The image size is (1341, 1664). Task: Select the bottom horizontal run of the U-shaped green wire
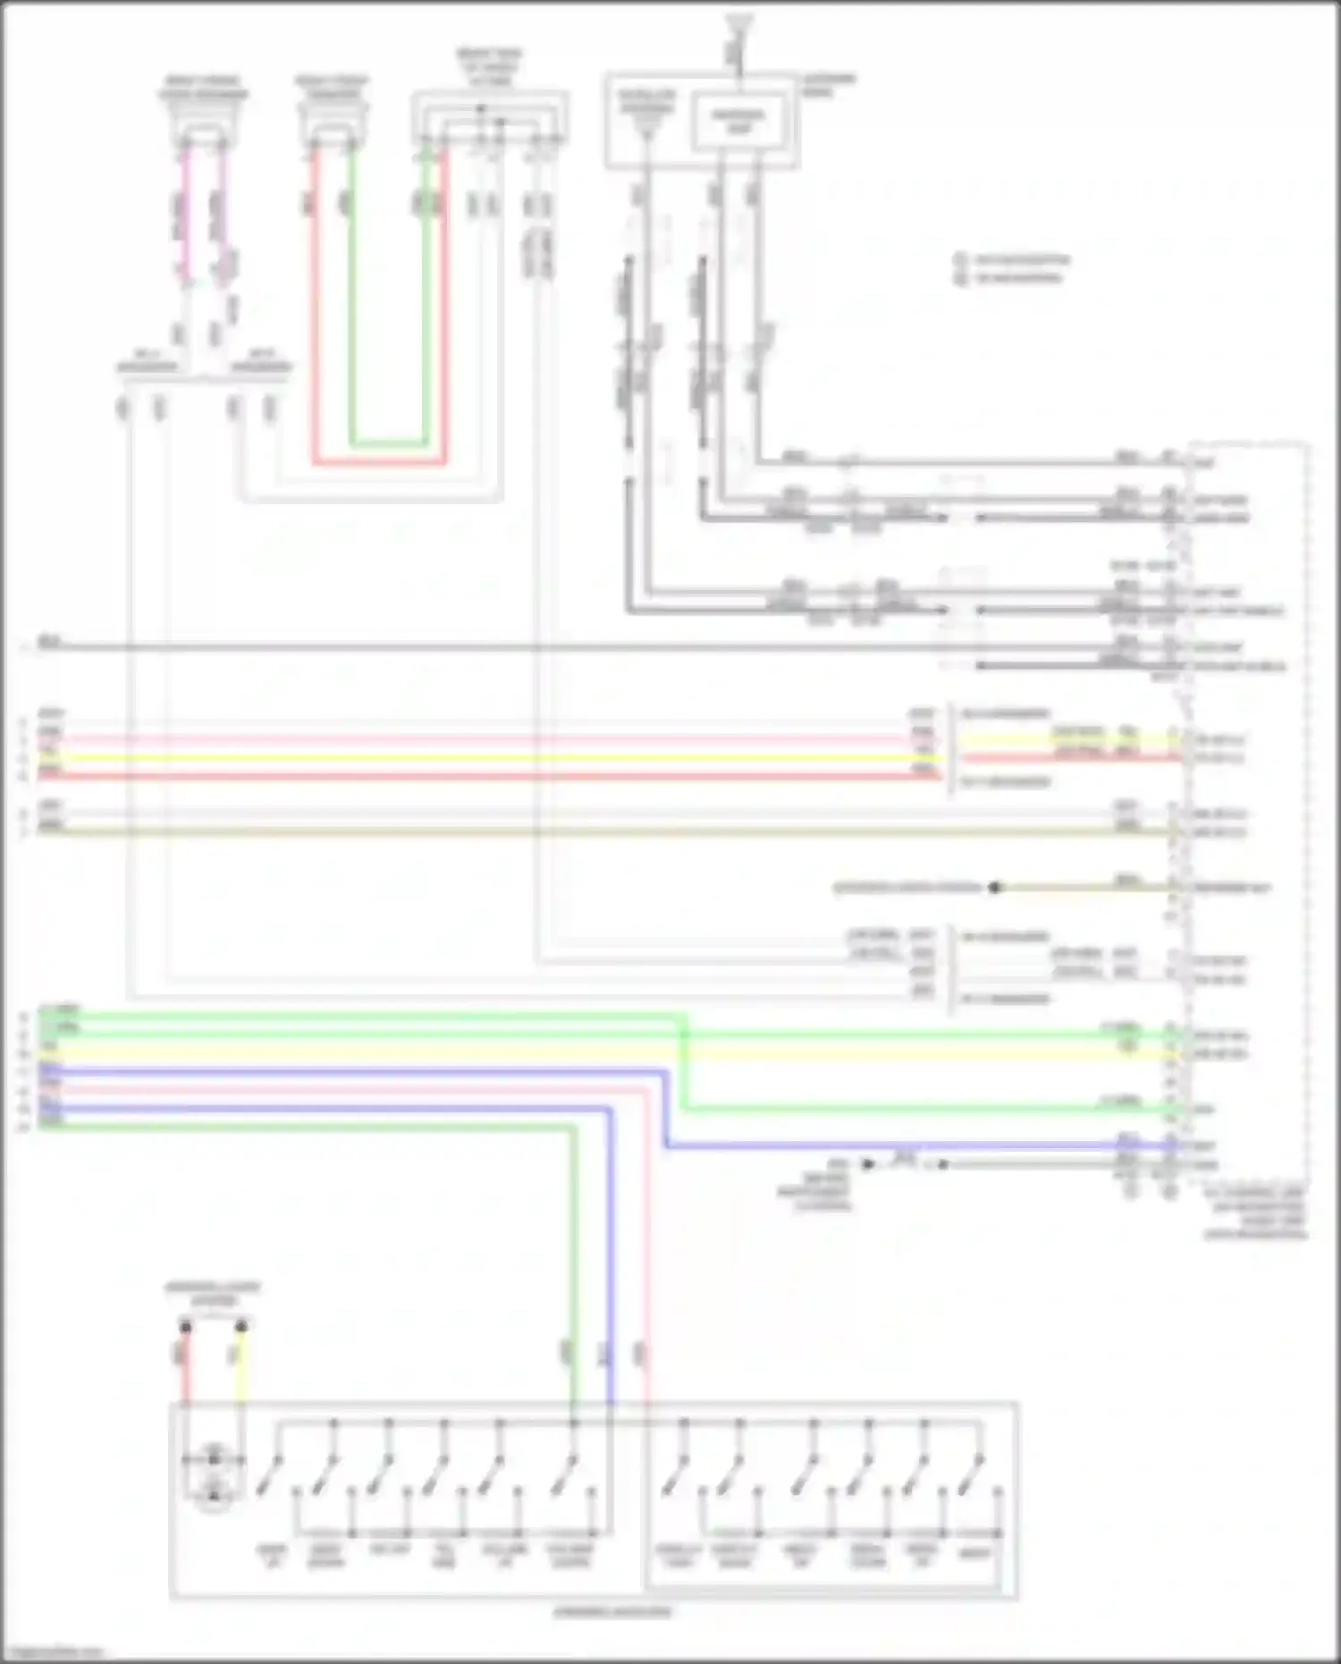tap(388, 443)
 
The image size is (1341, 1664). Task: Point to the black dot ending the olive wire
tap(994, 888)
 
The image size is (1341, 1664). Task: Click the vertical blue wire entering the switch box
tap(611, 1341)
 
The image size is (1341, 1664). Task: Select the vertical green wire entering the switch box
tap(572, 1341)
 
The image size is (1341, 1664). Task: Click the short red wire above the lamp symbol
tap(186, 1368)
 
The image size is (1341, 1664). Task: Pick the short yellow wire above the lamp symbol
tap(240, 1368)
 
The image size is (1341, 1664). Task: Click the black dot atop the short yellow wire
tap(240, 1326)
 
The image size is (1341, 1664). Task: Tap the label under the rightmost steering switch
tap(974, 1554)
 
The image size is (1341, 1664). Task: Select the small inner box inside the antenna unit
tap(739, 122)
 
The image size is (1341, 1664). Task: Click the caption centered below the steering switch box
tap(611, 1612)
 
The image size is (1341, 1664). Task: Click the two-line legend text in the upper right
tap(1010, 269)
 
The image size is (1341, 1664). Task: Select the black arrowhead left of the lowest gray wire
tap(865, 1163)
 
